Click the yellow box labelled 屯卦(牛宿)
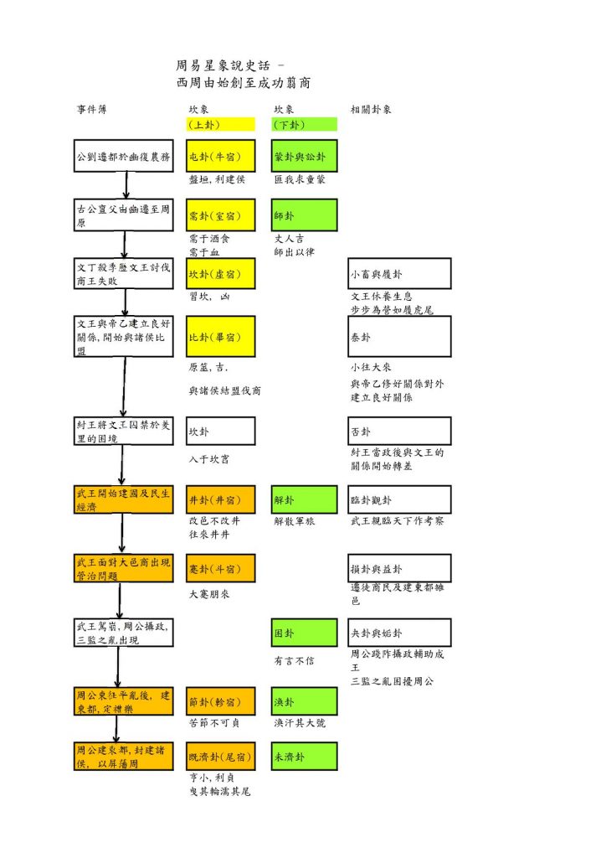pyautogui.click(x=220, y=156)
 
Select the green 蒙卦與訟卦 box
pyautogui.click(x=304, y=156)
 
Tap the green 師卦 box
pyautogui.click(x=304, y=214)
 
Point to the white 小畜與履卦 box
pyautogui.click(x=399, y=274)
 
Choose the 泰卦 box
pyautogui.click(x=399, y=336)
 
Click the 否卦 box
pyautogui.click(x=399, y=432)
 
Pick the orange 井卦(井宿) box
pyautogui.click(x=220, y=500)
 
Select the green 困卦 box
pyautogui.click(x=304, y=633)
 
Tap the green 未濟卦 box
pyautogui.click(x=304, y=757)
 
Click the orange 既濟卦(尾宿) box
pyautogui.click(x=220, y=757)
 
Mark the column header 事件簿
pyautogui.click(x=92, y=110)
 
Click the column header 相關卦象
pyautogui.click(x=372, y=110)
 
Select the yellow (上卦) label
pyautogui.click(x=220, y=125)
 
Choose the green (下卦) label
pyautogui.click(x=304, y=125)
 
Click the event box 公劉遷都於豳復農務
pyautogui.click(x=123, y=156)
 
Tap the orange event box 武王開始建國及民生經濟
pyautogui.click(x=123, y=500)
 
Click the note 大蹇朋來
pyautogui.click(x=209, y=594)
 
